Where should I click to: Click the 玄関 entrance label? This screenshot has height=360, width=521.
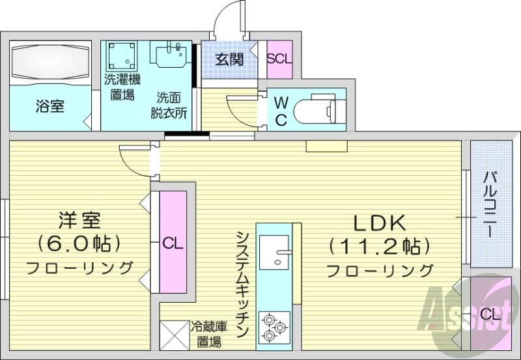pos(229,60)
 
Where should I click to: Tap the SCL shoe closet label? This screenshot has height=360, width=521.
pos(280,58)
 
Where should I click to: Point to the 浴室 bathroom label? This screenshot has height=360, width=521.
pos(49,106)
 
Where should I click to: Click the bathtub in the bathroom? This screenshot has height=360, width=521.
pos(49,64)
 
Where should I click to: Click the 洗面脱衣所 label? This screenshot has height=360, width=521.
pos(171,104)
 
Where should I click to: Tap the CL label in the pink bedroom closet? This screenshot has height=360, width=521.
pos(173,244)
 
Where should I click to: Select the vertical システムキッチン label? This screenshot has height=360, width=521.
pos(242,283)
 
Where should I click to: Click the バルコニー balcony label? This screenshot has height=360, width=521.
pos(490,203)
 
